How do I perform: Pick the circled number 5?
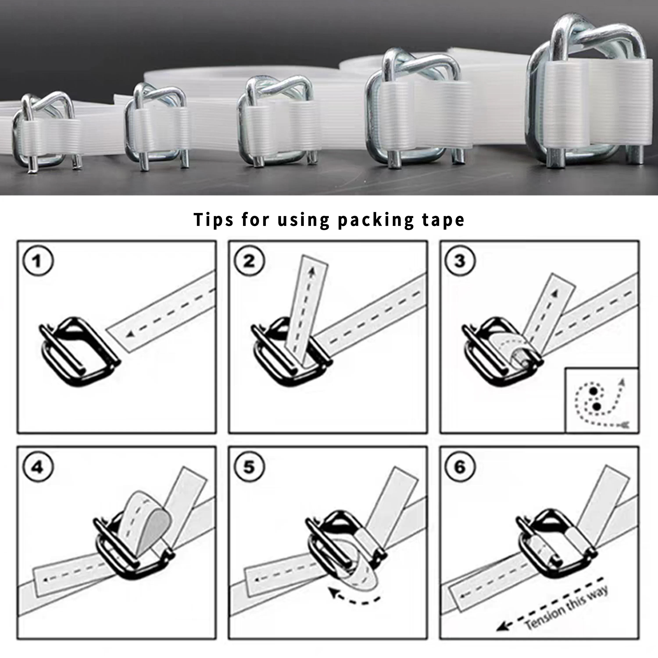[249, 467]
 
